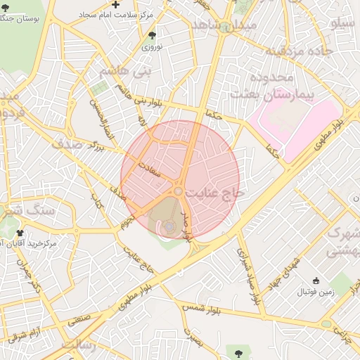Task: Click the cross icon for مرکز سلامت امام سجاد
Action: click(x=116, y=5)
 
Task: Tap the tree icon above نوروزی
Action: click(x=153, y=35)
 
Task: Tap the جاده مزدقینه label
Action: click(x=297, y=51)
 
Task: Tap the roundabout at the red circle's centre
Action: click(x=179, y=191)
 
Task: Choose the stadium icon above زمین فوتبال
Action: click(x=316, y=280)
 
